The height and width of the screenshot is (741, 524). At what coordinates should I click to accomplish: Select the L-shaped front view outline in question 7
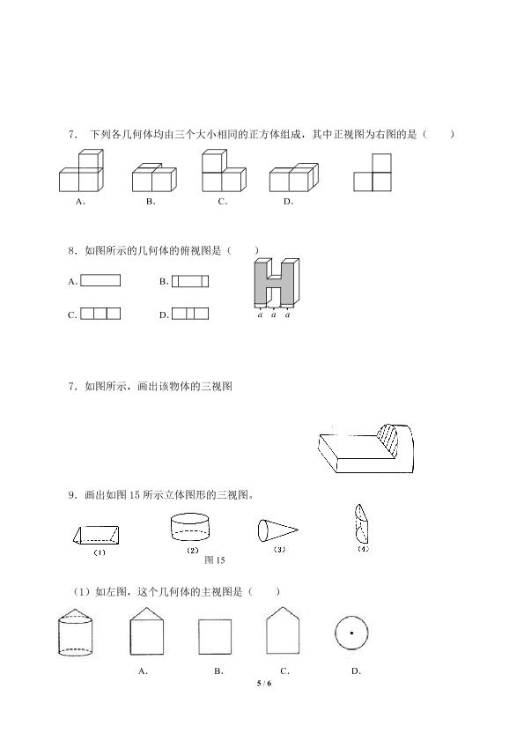pos(373,182)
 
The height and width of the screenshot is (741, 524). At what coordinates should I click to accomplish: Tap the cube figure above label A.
pos(81,171)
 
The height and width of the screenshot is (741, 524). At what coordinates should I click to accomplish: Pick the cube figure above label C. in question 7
pos(224,171)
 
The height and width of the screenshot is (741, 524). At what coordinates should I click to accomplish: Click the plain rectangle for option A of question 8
pos(100,281)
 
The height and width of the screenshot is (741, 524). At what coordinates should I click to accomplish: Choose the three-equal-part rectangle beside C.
pos(100,314)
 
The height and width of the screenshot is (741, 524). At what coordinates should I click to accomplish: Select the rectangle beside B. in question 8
pos(190,281)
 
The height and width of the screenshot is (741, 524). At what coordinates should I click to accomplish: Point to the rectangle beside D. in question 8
pos(190,314)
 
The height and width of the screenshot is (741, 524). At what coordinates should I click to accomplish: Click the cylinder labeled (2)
pos(190,527)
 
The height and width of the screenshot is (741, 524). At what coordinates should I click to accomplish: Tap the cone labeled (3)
pos(277,530)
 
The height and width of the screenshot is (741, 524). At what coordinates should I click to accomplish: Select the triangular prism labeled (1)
pos(96,536)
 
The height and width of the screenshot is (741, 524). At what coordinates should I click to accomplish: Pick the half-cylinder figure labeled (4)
pos(361,523)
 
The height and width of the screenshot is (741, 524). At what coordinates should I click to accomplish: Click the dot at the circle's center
pos(351,633)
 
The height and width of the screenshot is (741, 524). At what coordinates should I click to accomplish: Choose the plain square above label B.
pos(215,637)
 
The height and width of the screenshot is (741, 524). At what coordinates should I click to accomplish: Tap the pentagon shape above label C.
pos(283,630)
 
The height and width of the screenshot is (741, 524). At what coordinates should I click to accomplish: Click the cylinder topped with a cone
pos(76,633)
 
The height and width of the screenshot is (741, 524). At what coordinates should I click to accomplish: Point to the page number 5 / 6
pos(264,683)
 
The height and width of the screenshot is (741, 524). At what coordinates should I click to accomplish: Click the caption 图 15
pos(215,560)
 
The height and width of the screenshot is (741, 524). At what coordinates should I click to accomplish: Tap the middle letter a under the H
pos(274,315)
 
